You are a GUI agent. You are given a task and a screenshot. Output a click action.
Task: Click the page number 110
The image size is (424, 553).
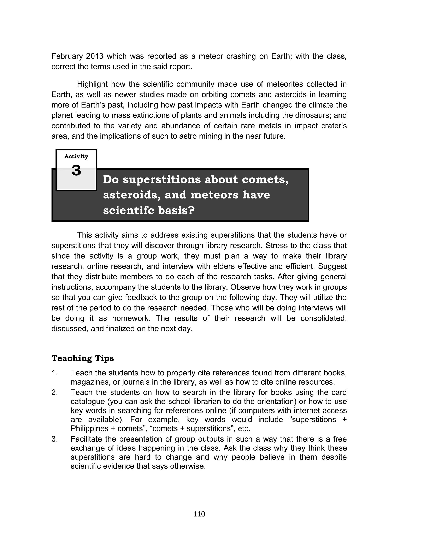tap(199, 514)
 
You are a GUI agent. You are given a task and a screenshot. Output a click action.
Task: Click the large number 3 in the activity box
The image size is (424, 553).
tap(76, 171)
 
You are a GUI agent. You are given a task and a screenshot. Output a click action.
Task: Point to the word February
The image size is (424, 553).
tap(67, 56)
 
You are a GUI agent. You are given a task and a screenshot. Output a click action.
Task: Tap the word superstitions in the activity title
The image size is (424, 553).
tap(161, 180)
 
